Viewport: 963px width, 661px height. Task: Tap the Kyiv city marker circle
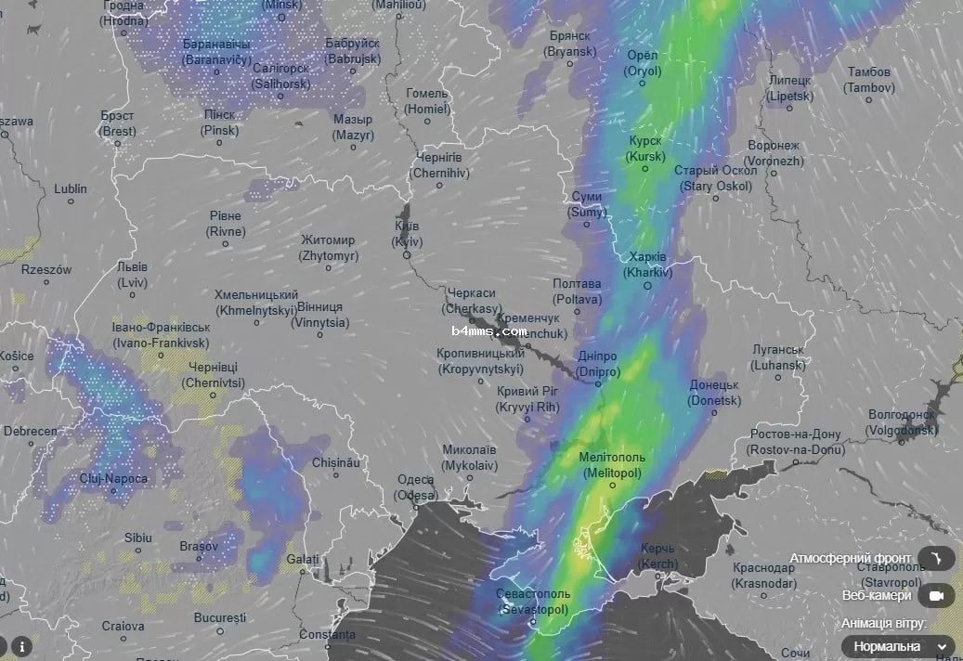pos(407,254)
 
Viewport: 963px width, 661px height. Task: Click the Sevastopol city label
pos(534,602)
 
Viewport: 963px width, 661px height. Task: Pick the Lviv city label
pos(132,274)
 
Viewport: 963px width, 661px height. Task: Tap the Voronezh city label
pos(774,153)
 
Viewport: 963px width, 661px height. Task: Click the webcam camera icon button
pos(935,595)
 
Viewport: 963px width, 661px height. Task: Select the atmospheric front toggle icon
pos(935,558)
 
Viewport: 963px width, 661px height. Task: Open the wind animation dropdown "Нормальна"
pos(897,646)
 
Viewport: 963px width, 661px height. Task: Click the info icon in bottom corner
pos(20,646)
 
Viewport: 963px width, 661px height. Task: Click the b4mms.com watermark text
pos(489,330)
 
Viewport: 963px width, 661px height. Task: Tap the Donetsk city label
pos(714,393)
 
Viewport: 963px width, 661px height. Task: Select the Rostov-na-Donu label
pos(796,442)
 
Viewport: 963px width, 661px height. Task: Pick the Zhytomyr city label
pos(327,247)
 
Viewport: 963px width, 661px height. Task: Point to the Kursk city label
pos(645,149)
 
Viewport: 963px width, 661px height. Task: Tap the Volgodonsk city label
pos(900,422)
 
